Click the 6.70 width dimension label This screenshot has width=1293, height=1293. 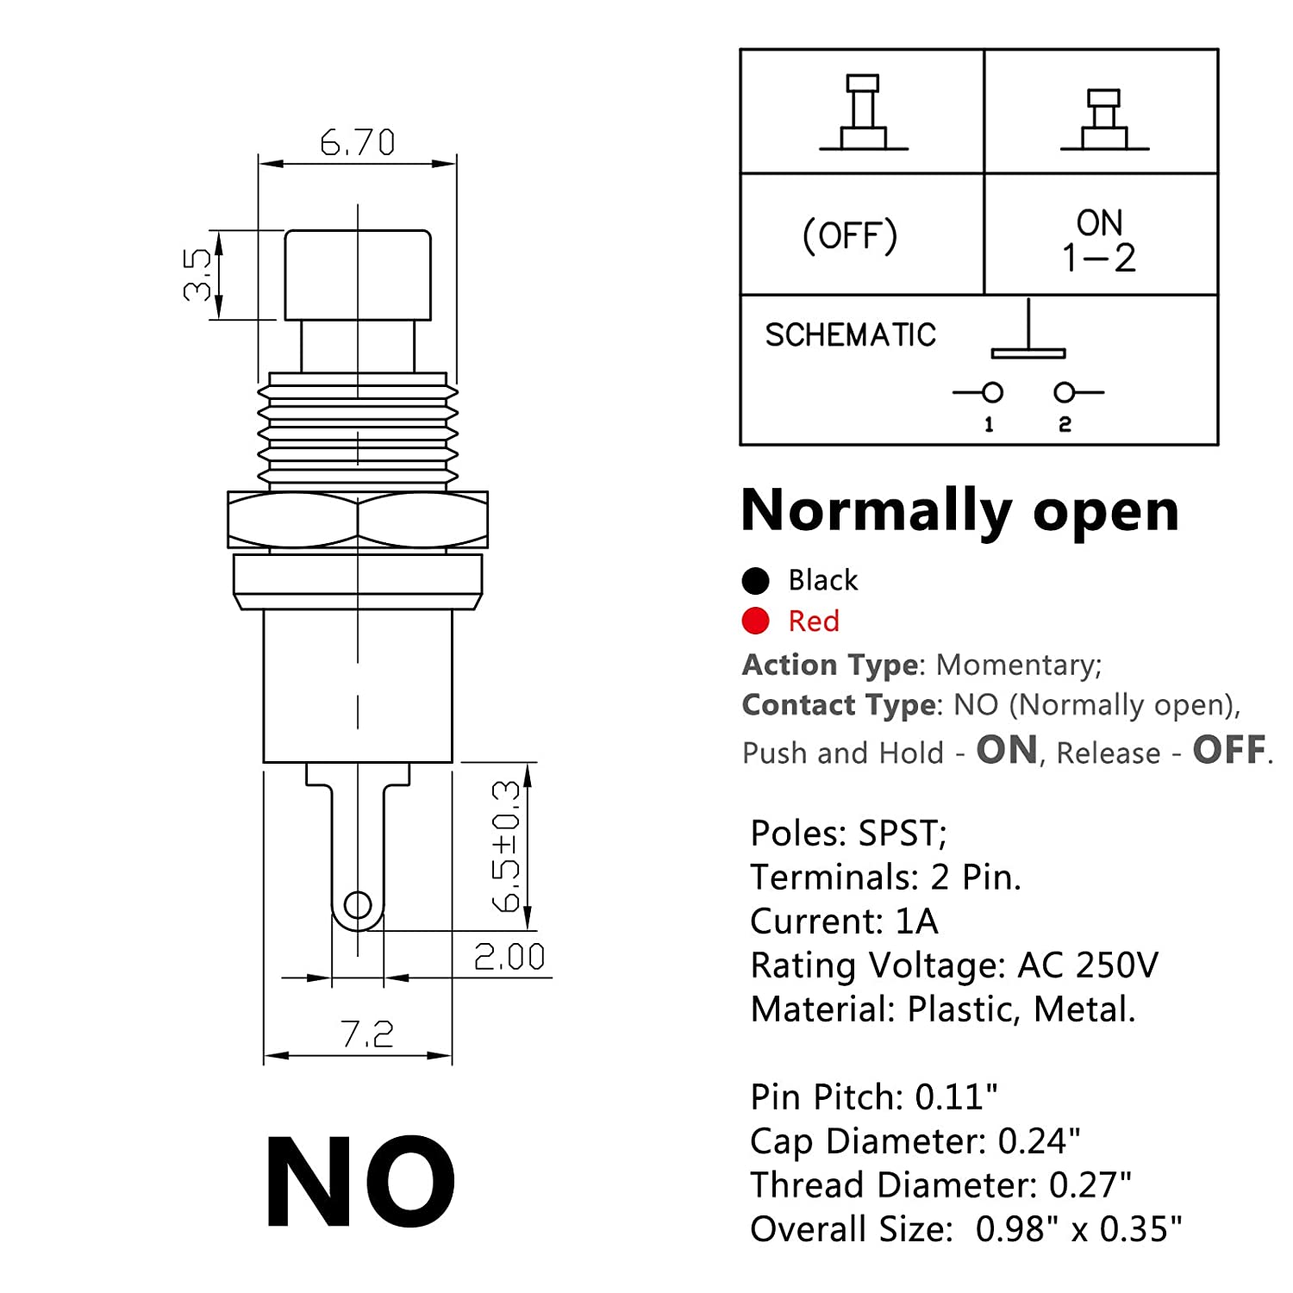click(x=357, y=142)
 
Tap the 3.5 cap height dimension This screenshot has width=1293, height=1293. click(x=197, y=274)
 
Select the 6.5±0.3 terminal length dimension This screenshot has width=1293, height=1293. click(x=506, y=846)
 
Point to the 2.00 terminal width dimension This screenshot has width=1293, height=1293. click(x=509, y=957)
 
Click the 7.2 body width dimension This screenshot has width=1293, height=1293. click(x=367, y=1034)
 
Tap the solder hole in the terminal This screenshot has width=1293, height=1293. click(x=358, y=905)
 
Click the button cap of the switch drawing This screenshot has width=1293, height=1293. click(x=358, y=274)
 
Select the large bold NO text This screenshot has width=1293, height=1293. click(x=360, y=1183)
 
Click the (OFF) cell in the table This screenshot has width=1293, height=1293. click(x=850, y=235)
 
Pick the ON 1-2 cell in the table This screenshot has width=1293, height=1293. click(x=1099, y=240)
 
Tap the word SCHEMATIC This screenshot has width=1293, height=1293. click(x=850, y=334)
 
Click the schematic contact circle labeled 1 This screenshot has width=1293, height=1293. click(x=992, y=393)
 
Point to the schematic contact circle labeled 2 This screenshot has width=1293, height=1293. click(x=1065, y=393)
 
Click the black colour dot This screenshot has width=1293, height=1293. click(x=755, y=581)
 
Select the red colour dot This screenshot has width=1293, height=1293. click(x=755, y=621)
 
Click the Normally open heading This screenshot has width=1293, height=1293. click(x=959, y=510)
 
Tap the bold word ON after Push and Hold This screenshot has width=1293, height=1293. click(x=1007, y=750)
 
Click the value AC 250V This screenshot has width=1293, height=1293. click(x=1088, y=965)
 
